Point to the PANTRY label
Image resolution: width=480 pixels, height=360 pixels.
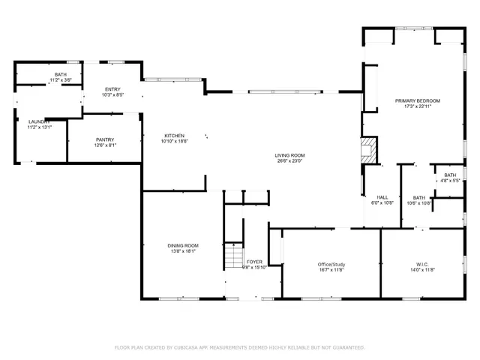tap(104, 139)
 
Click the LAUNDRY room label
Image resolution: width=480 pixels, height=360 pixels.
tap(39, 121)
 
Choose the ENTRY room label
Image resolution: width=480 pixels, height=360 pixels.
tap(112, 90)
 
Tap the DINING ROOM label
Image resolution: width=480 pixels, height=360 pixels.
tap(182, 245)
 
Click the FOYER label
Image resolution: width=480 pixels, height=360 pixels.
tap(254, 262)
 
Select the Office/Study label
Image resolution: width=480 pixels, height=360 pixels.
tap(331, 264)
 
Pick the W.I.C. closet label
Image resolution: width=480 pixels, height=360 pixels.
tap(421, 264)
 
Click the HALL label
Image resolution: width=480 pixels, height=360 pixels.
tap(382, 196)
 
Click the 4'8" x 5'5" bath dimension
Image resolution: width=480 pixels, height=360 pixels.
tap(450, 181)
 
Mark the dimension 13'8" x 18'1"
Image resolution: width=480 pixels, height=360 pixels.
tap(182, 251)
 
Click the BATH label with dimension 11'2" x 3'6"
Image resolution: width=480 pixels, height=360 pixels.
tap(60, 74)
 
